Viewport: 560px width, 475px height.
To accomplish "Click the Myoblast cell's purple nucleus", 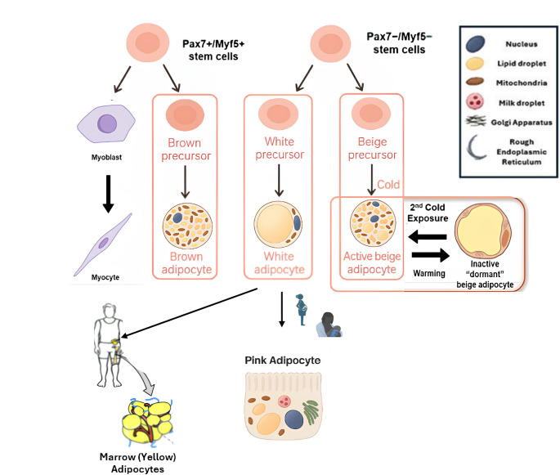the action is click(x=107, y=124).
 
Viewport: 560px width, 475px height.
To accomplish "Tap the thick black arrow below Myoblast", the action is click(x=108, y=194).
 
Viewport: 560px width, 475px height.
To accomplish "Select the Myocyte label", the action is click(x=105, y=277).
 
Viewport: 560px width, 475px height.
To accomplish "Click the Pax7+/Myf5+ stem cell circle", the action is click(x=147, y=43).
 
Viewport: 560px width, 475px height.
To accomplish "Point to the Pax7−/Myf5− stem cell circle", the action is click(x=330, y=44).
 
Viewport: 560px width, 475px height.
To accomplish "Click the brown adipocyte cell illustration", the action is click(x=187, y=226).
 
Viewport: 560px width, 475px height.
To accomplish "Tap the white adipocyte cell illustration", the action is click(x=278, y=224).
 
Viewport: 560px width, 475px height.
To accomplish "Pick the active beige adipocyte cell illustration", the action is click(x=373, y=223).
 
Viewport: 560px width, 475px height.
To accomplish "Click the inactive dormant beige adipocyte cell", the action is click(x=483, y=231).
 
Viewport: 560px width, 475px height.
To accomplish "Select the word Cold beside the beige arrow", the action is click(x=388, y=185).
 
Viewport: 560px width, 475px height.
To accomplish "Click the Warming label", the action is click(x=429, y=274).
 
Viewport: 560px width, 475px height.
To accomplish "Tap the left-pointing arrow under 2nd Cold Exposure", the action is click(x=427, y=237).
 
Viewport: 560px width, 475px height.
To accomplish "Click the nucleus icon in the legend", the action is click(x=475, y=44).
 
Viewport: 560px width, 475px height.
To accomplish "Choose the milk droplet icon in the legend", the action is click(x=475, y=101).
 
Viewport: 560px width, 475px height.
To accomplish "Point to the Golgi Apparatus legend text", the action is click(x=522, y=123).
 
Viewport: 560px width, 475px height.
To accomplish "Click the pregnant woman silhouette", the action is click(x=302, y=310).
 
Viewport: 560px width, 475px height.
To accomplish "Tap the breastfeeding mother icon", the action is click(x=329, y=325).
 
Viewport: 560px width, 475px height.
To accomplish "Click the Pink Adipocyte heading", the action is click(x=283, y=361).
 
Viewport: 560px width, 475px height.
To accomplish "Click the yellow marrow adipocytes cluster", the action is click(x=147, y=421).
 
